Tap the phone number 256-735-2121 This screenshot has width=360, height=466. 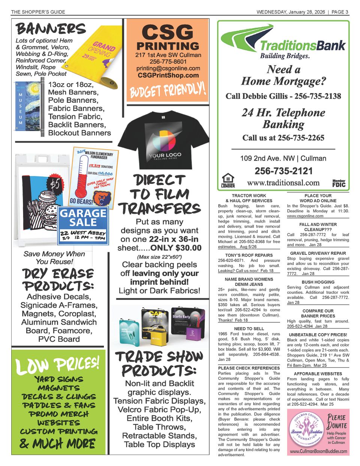point(283,171)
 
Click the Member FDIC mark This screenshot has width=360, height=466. point(339,183)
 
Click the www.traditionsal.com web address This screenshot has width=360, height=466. point(283,183)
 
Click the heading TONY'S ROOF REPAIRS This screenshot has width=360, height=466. point(249,255)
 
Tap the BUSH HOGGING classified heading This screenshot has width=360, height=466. point(318,282)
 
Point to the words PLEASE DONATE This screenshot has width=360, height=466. point(336,421)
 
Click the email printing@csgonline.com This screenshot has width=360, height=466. point(168,68)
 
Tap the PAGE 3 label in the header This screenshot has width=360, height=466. point(340,12)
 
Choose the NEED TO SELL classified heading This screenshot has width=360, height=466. point(249,329)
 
